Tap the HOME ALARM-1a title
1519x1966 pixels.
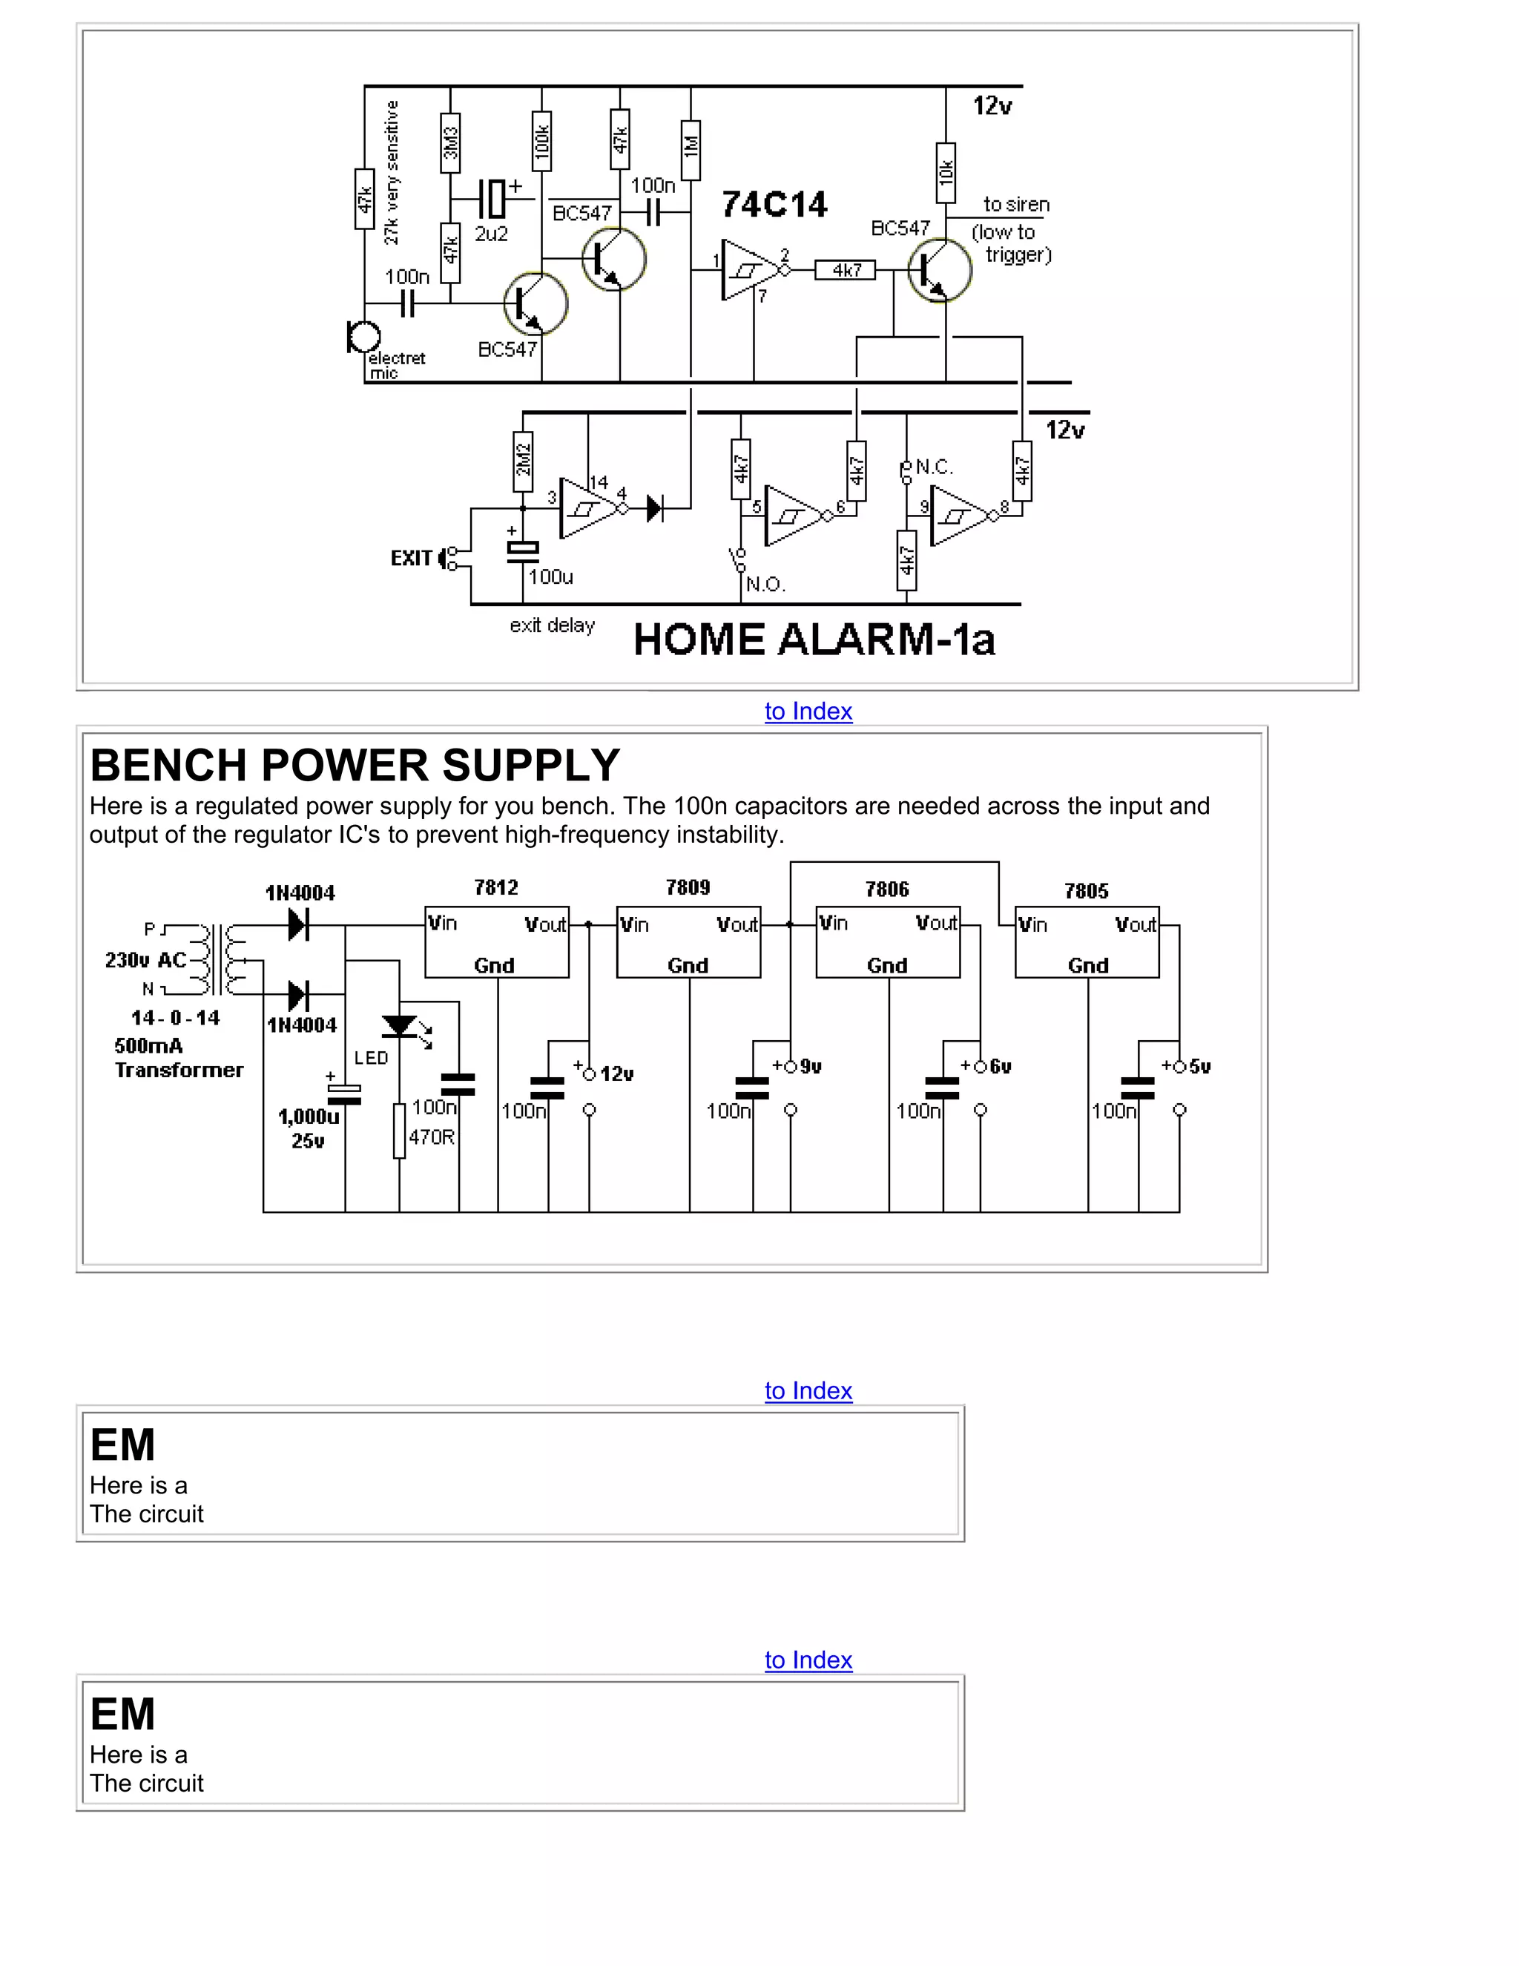pos(814,640)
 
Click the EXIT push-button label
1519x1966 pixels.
pos(411,558)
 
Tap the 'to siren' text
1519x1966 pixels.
pos(1016,204)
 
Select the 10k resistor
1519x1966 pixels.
pos(946,172)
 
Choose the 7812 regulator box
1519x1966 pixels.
pos(497,941)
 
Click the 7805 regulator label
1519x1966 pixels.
pos(1086,891)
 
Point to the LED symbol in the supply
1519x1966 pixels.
pos(400,1026)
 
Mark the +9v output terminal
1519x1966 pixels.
pos(791,1067)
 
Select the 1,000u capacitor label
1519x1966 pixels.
pos(308,1117)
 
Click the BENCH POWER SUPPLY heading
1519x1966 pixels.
pos(355,765)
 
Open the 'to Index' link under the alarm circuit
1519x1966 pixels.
pos(808,711)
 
